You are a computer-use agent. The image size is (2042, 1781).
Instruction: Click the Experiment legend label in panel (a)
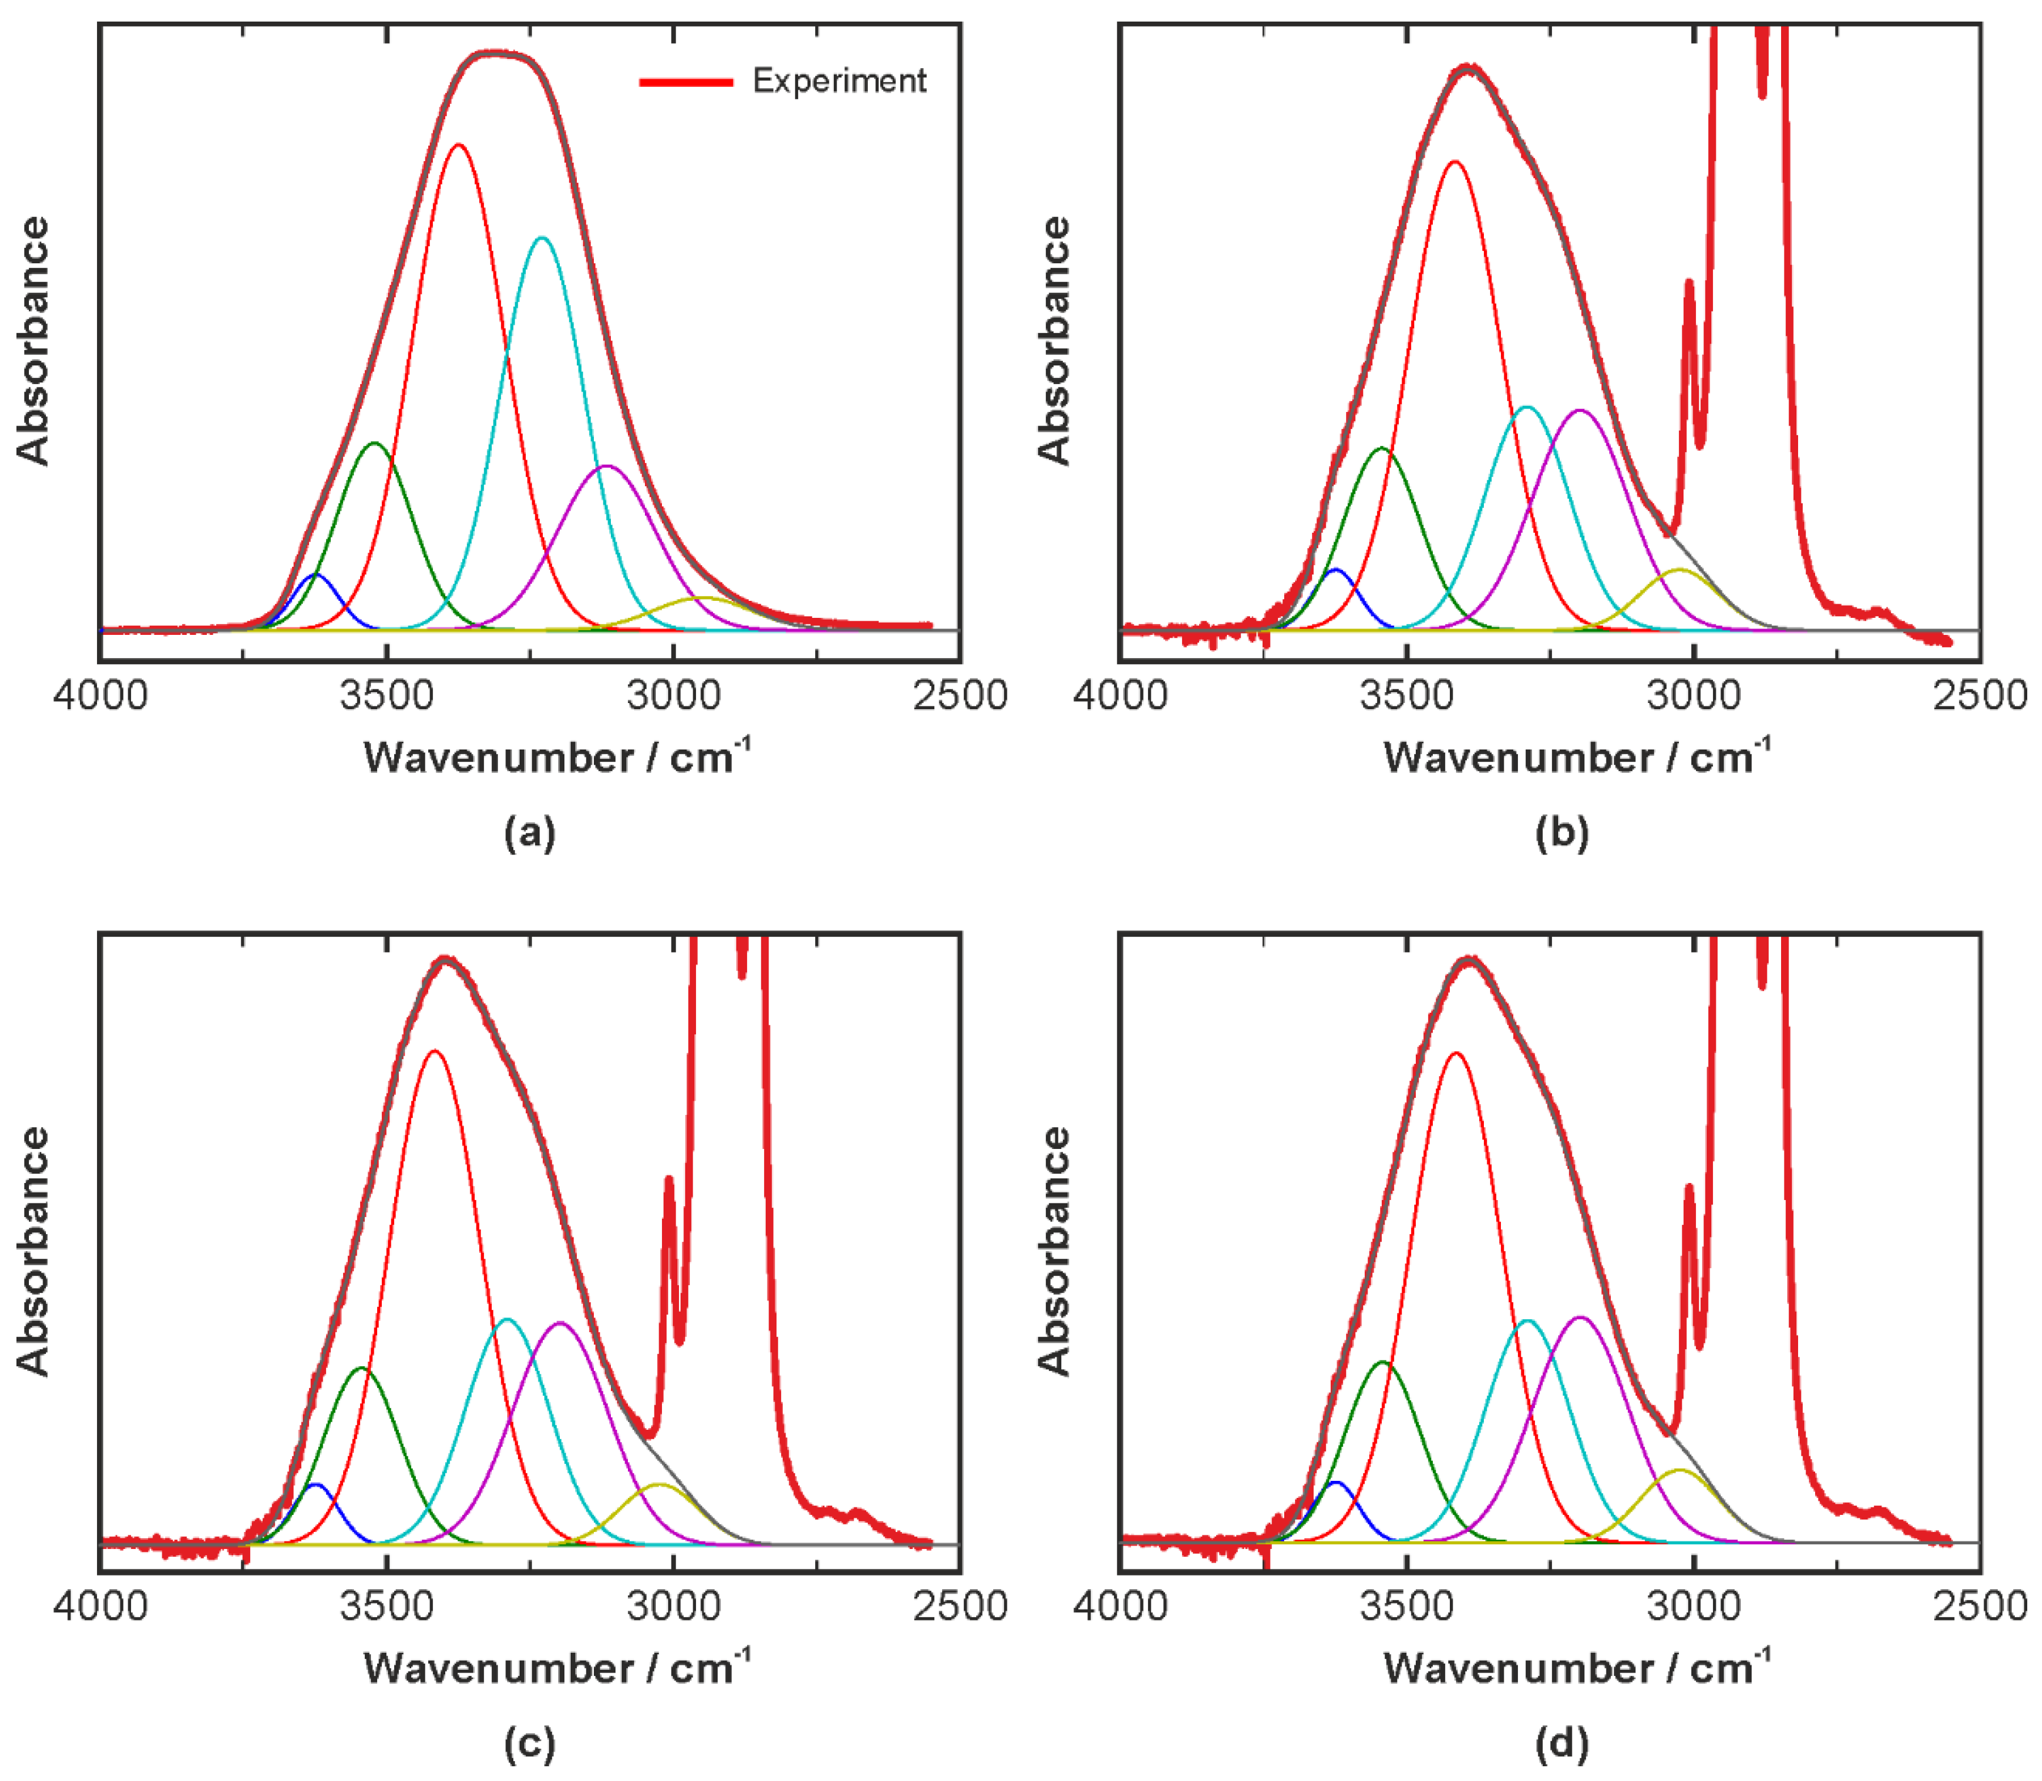[839, 81]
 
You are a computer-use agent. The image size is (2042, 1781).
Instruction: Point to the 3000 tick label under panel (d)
[1693, 1607]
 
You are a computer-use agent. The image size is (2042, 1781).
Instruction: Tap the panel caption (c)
[530, 1743]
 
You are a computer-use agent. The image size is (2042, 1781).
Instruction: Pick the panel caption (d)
[1562, 1743]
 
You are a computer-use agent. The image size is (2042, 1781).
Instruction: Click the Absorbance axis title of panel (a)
[33, 341]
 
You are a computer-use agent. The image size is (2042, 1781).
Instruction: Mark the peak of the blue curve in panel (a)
[316, 574]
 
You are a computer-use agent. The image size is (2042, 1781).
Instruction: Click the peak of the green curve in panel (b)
[1382, 448]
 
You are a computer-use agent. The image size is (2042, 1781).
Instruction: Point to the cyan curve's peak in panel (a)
[542, 238]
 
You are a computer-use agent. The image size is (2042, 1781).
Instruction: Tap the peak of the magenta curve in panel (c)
[562, 1323]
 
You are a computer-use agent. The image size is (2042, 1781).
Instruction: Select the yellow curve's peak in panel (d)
[1680, 1470]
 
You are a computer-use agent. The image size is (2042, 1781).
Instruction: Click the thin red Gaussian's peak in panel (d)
[1455, 1052]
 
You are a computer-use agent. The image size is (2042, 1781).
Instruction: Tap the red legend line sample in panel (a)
[686, 82]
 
